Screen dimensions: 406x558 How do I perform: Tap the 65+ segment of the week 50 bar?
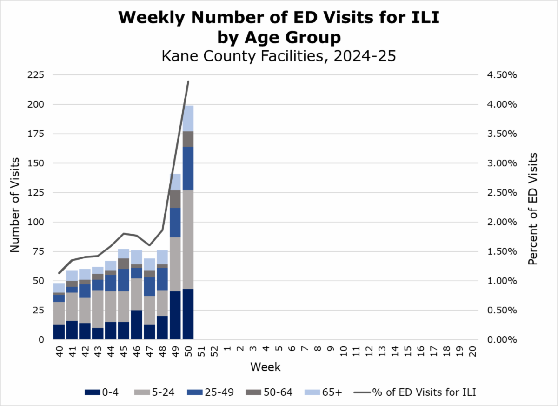click(188, 118)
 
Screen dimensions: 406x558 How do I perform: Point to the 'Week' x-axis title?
click(266, 367)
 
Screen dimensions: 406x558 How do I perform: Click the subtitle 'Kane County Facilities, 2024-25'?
click(278, 56)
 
